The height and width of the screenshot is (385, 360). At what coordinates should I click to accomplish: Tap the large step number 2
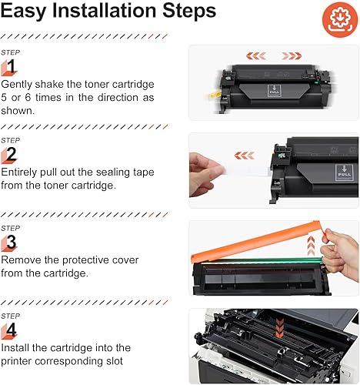11,155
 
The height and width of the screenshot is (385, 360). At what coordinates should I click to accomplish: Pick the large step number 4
11,331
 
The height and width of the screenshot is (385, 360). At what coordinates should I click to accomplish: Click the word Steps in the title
186,13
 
